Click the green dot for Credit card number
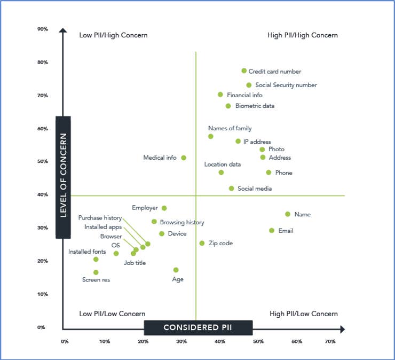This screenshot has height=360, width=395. click(244, 71)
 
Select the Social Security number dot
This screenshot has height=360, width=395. click(249, 85)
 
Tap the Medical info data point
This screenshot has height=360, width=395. click(184, 158)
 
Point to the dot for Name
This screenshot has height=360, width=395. click(288, 214)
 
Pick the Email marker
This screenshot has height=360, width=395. click(272, 231)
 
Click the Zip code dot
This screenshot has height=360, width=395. click(202, 243)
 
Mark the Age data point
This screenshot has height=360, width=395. click(176, 270)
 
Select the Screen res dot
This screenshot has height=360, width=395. click(96, 272)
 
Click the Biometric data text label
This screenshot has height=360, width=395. click(255, 106)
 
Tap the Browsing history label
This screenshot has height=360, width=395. click(182, 222)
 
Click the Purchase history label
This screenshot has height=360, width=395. click(100, 218)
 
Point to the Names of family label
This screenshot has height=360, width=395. click(230, 128)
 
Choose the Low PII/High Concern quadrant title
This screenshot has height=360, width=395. click(113, 35)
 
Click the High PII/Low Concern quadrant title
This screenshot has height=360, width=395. click(304, 314)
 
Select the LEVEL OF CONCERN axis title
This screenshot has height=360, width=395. click(63, 177)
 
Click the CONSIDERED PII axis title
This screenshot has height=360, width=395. click(198, 327)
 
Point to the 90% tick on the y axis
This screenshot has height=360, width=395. click(43, 29)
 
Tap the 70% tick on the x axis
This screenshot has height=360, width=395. click(330, 341)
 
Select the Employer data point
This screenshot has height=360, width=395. click(164, 208)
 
